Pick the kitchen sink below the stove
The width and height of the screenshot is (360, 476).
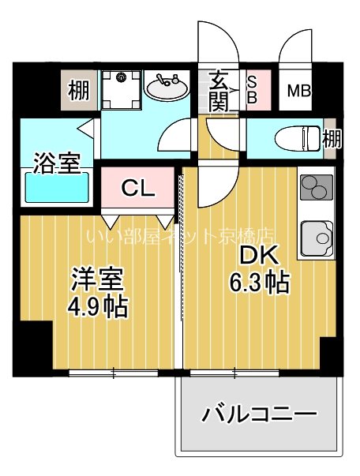316,238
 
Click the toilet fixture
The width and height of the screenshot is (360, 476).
296,138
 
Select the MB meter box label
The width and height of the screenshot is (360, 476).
298,91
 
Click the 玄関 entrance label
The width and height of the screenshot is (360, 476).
220,90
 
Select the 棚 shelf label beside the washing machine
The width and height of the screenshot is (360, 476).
78,90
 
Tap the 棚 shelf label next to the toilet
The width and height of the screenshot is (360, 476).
332,139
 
